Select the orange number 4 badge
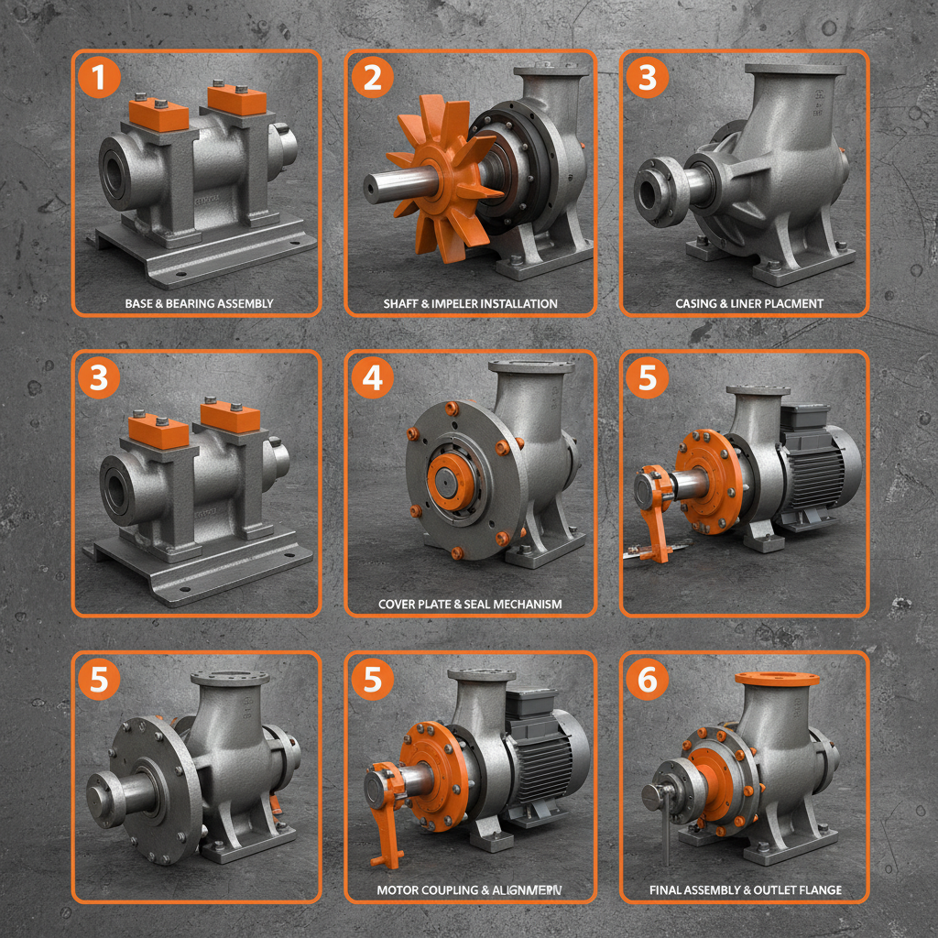point(373,377)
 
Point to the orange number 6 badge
point(648,679)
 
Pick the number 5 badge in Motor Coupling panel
point(373,679)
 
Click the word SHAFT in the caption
point(403,303)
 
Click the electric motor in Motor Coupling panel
point(544,751)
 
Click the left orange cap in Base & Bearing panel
point(158,115)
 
